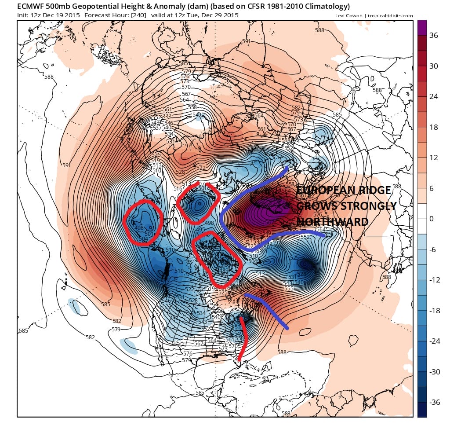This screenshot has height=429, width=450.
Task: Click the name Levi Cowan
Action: [348, 16]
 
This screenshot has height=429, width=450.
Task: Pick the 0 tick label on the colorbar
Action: [432, 219]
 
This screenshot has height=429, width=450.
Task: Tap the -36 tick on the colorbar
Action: [435, 402]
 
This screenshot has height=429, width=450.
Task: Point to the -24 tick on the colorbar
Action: [435, 341]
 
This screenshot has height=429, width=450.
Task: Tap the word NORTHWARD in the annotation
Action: [332, 222]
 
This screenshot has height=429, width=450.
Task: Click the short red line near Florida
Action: [243, 339]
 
